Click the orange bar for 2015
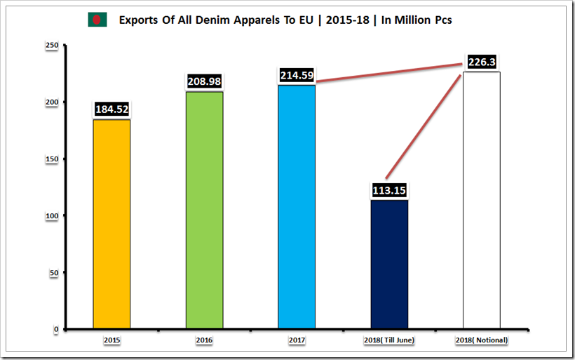[111, 225]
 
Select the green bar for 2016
[204, 211]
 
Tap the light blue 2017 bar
[297, 207]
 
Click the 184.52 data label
[111, 109]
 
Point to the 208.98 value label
[204, 81]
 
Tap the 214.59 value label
[297, 75]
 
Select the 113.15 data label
[389, 190]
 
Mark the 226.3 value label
[482, 62]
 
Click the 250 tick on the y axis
[51, 46]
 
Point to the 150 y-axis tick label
[51, 159]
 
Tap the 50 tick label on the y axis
[53, 272]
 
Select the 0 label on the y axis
[55, 329]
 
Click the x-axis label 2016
[204, 340]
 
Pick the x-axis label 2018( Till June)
[389, 340]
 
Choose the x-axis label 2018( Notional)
[481, 340]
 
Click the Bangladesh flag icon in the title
[97, 20]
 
